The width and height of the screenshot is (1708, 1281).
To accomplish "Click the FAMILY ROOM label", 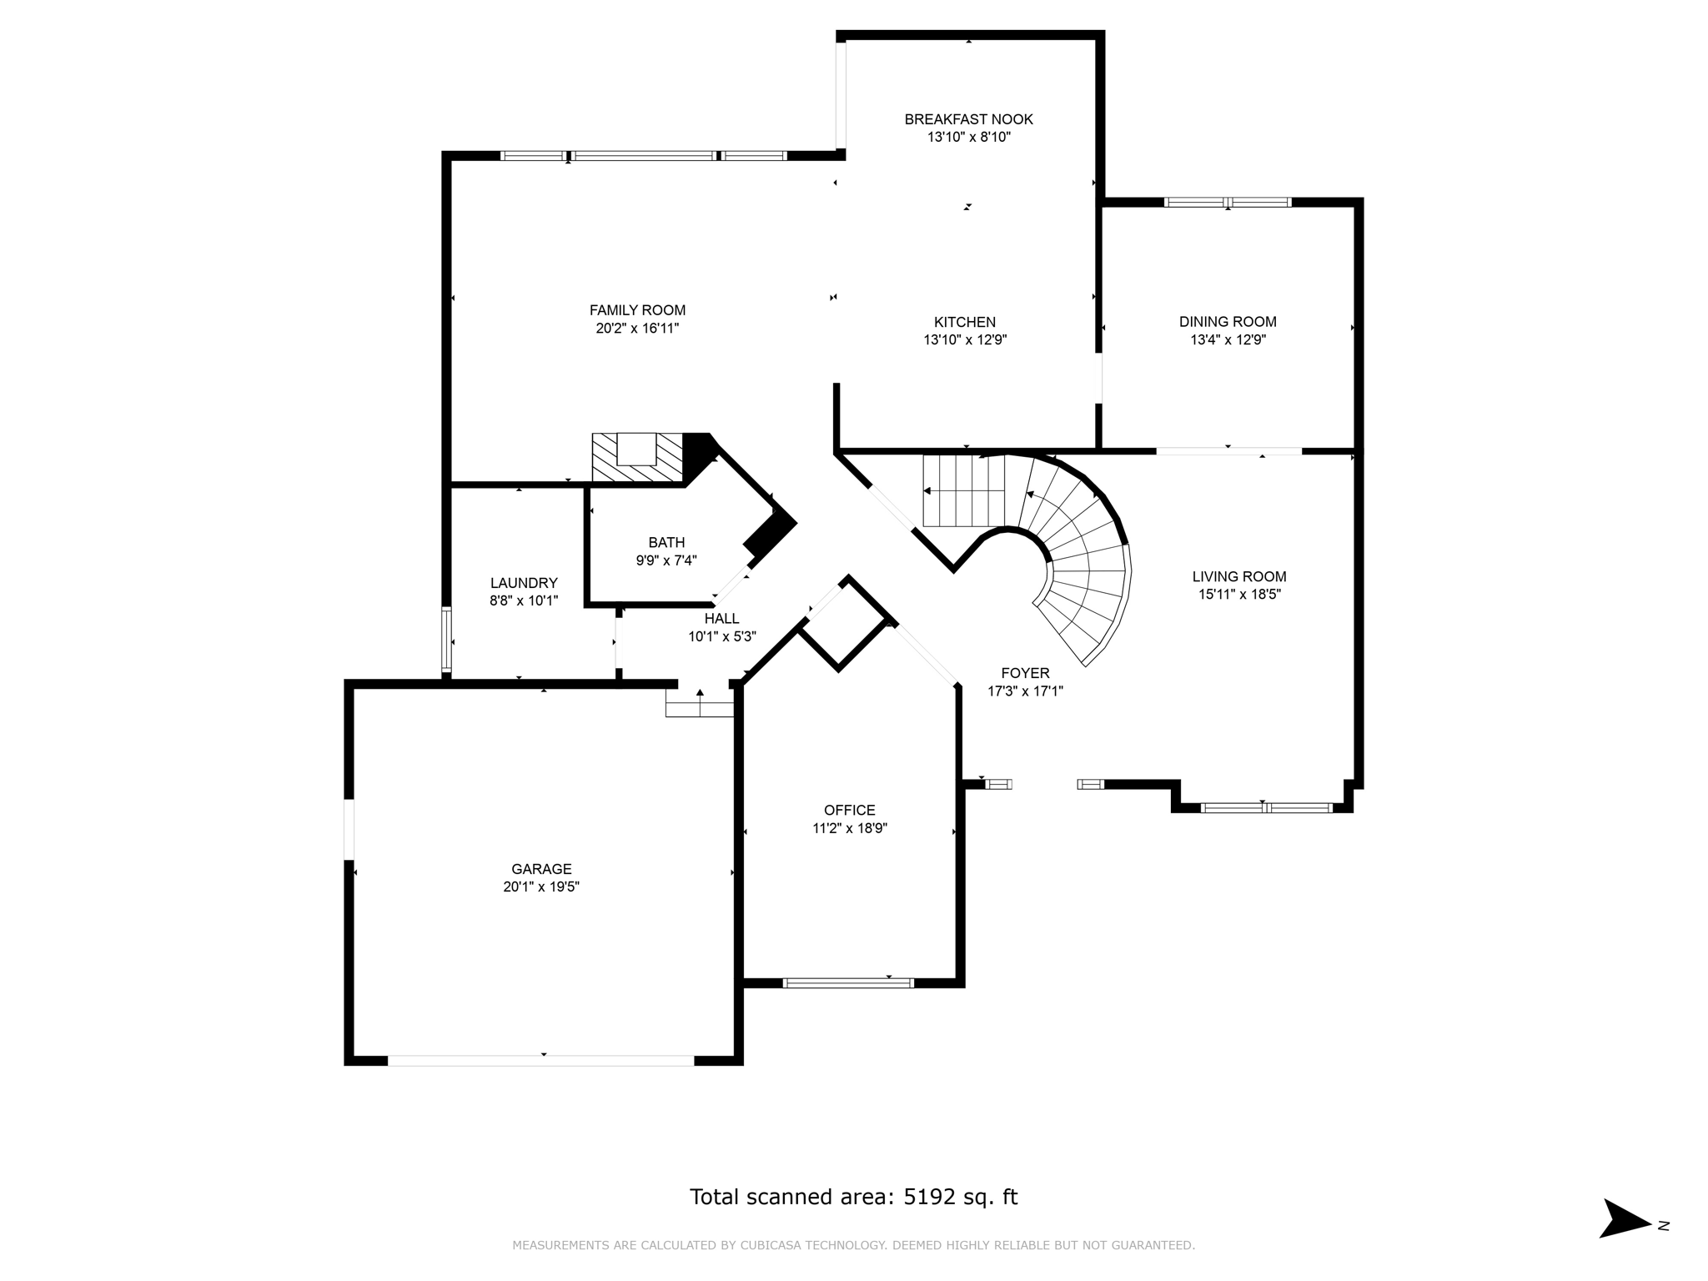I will (x=637, y=310).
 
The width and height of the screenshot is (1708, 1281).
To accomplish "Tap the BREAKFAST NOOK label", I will (x=968, y=119).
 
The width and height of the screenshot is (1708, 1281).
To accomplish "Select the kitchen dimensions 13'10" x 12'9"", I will (x=965, y=340).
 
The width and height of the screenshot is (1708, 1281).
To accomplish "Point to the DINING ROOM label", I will (x=1228, y=322).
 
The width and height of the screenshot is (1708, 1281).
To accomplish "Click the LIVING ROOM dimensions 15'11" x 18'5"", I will (x=1238, y=595).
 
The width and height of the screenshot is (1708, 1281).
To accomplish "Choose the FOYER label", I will (x=1025, y=673).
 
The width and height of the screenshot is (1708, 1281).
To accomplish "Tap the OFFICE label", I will (x=849, y=810).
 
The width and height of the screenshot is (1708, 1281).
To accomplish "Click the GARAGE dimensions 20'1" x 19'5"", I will (x=541, y=887).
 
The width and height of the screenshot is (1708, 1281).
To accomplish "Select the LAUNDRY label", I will (x=524, y=583).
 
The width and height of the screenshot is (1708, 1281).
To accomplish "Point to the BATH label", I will (x=666, y=543).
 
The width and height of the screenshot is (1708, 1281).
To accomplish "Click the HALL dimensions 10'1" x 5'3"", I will (x=721, y=636).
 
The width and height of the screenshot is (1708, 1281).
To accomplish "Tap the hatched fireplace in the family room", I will (x=637, y=459).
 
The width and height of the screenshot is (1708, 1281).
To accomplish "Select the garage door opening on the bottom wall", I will (x=540, y=1060).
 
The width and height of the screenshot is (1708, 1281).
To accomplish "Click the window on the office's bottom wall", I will (x=848, y=982).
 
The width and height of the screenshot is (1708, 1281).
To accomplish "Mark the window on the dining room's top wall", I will (x=1228, y=202).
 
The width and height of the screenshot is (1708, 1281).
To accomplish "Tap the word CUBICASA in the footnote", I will (x=766, y=1245).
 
